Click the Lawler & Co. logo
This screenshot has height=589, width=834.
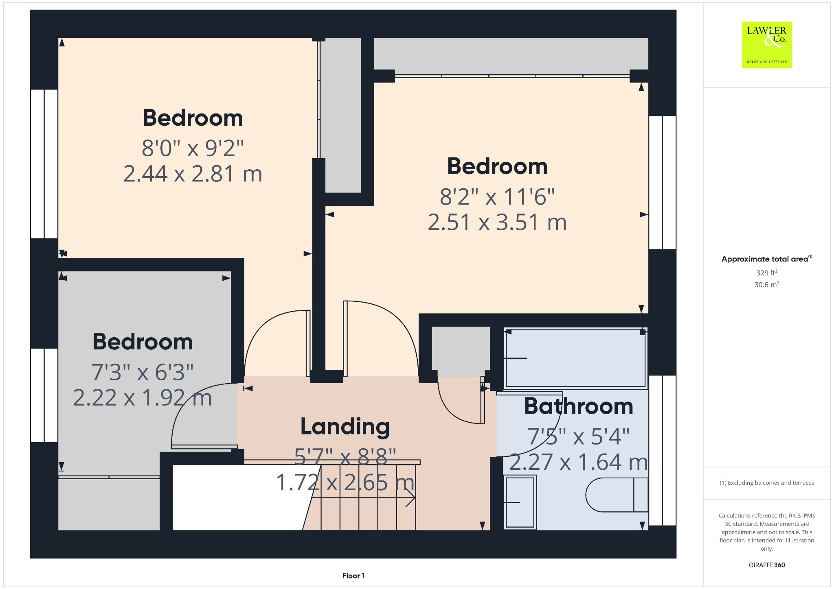766,45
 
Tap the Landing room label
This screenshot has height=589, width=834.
345,427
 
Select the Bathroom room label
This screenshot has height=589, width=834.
578,406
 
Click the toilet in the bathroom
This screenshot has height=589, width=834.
617,495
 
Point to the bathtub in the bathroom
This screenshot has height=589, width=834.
575,358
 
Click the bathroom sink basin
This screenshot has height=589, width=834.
520,502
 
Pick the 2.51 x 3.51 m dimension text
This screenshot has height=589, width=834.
497,223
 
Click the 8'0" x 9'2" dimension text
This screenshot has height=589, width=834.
193,148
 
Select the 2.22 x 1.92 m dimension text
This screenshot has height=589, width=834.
142,398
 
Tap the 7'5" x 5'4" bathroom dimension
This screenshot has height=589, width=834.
578,436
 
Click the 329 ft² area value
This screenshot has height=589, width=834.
766,273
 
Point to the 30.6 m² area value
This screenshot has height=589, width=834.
766,284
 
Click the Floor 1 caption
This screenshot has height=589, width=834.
353,576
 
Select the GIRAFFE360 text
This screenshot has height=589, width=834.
766,565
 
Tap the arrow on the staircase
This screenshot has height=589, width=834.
409,497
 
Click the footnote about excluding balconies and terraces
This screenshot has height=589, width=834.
766,483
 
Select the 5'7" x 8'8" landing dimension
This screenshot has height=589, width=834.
345,457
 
